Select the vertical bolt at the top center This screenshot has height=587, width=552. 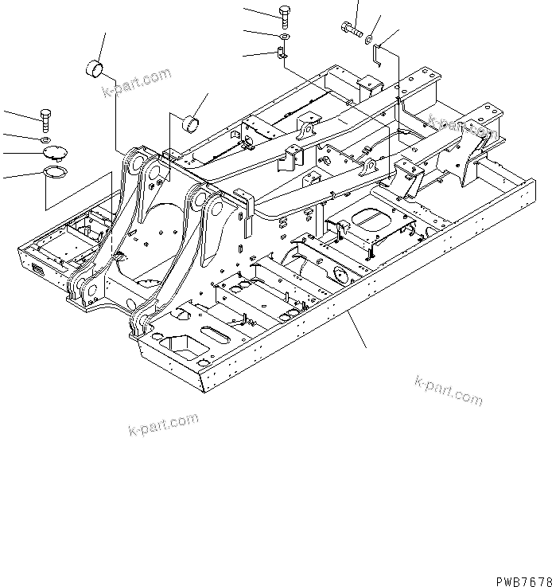point(285,15)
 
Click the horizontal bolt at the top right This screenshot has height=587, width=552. point(349,31)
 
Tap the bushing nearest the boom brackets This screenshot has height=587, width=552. point(192,123)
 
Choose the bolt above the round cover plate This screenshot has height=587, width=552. point(45,120)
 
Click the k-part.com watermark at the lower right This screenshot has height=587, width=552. point(447,389)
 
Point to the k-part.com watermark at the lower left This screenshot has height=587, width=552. point(162,425)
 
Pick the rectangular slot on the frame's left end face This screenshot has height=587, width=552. point(38,271)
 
